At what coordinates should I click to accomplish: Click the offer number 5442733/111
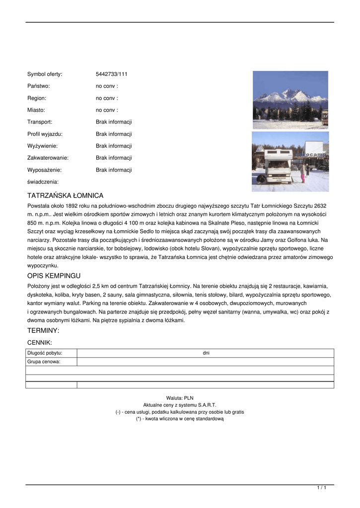coord(112,74)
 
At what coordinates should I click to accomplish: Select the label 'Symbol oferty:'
coord(45,74)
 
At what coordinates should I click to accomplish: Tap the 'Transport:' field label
coord(40,122)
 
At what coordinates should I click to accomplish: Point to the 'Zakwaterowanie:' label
coord(48,158)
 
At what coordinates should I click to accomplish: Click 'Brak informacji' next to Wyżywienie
coord(114,146)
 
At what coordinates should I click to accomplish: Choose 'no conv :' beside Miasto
coord(107,110)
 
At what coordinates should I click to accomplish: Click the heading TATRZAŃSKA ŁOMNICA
coord(65,196)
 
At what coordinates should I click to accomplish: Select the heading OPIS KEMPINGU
coord(54,276)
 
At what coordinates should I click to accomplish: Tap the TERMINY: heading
coord(43,330)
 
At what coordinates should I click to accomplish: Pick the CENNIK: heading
coord(40,342)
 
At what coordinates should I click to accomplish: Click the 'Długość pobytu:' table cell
coord(45,353)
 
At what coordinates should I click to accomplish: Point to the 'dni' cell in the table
coord(206,353)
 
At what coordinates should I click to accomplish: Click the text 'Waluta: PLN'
coord(180,398)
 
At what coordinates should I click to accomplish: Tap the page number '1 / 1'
coord(322,488)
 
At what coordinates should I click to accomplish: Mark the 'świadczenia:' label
coord(43,182)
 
